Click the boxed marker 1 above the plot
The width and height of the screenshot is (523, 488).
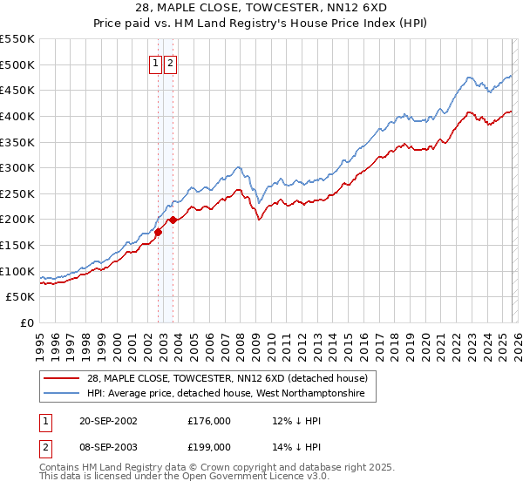(155, 64)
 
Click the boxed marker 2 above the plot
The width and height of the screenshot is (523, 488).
(169, 64)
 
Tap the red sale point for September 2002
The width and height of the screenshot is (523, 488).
(159, 232)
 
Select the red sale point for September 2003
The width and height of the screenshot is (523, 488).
(173, 220)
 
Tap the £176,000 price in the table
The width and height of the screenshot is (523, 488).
(209, 420)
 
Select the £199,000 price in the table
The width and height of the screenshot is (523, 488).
(209, 447)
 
